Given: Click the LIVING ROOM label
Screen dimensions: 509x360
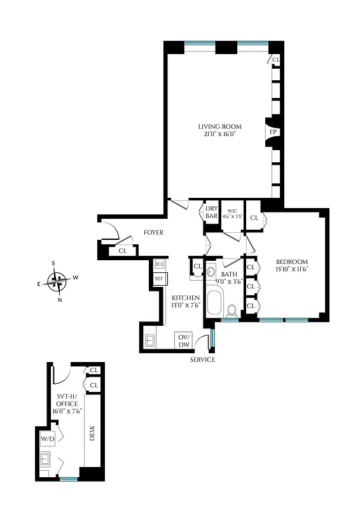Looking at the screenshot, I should click(x=218, y=126).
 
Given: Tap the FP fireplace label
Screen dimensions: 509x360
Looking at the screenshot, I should click(x=273, y=132).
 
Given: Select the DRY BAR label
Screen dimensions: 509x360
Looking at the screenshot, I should click(x=211, y=212).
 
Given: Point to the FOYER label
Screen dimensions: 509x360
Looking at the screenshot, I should click(x=153, y=233).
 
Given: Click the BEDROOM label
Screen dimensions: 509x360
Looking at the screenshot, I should click(x=292, y=261).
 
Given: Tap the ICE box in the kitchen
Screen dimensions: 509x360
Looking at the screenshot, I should click(x=160, y=264).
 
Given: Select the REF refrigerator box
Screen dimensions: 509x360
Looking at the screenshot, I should click(x=160, y=279).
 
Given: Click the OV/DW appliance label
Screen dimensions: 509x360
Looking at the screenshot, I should click(x=184, y=340).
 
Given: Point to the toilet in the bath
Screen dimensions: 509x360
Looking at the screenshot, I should click(x=232, y=310).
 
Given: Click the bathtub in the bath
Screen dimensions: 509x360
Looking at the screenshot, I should click(x=214, y=303).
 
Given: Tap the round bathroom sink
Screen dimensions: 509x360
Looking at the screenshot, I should click(x=212, y=272).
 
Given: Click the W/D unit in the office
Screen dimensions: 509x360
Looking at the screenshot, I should click(x=48, y=439).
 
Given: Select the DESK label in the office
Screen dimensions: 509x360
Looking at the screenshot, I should click(x=92, y=435).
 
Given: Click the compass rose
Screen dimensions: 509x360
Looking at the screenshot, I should click(x=58, y=280).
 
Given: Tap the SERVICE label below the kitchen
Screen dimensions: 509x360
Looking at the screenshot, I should click(x=202, y=360).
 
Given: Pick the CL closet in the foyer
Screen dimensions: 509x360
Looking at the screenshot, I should click(x=122, y=251).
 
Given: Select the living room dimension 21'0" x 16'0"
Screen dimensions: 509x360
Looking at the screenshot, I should click(x=218, y=134).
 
